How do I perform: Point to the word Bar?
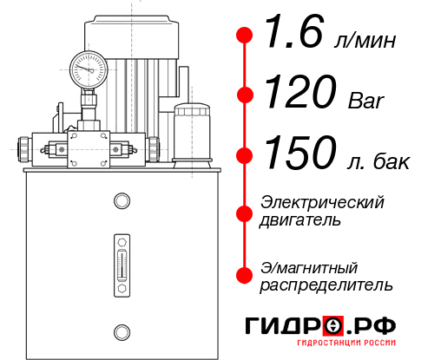(365, 101)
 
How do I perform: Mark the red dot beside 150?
(245, 154)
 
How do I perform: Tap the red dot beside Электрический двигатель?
(245, 212)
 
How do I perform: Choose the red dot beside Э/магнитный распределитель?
(245, 275)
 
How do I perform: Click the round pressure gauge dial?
(89, 68)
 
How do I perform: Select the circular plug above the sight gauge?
(121, 201)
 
